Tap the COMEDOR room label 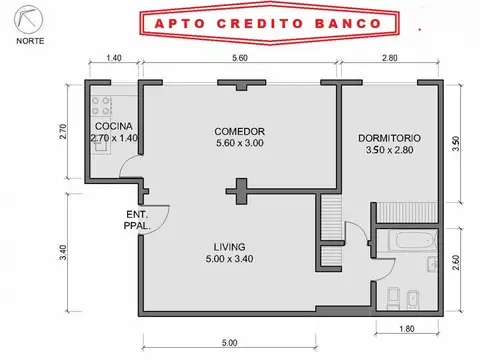(x=240, y=131)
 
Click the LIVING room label (x=229, y=247)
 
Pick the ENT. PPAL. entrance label (x=138, y=220)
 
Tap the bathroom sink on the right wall (x=431, y=266)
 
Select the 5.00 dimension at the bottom (x=229, y=343)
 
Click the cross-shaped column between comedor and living (x=239, y=190)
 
